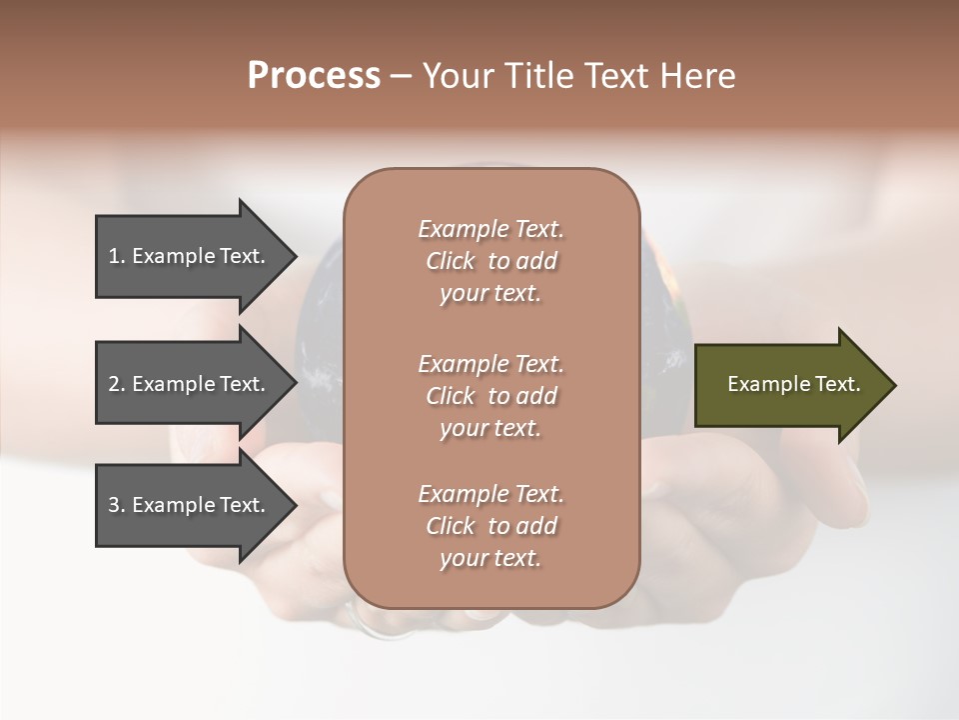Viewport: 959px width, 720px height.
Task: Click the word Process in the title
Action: coord(314,76)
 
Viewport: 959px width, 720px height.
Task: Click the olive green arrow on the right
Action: coord(789,385)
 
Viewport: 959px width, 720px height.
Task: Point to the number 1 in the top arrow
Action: coord(115,256)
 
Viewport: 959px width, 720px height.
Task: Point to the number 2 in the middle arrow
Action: coord(115,384)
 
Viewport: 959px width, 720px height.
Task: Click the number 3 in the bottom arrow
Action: coord(115,505)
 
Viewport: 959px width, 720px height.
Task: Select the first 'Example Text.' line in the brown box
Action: coord(490,229)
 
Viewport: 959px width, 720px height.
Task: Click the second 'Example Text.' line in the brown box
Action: coord(490,364)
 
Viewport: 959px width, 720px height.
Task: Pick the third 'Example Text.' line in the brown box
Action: coord(490,494)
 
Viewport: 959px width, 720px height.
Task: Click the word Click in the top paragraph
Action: coord(451,261)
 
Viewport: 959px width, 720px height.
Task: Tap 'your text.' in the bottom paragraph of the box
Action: coord(490,558)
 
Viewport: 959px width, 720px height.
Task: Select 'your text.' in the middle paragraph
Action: coord(490,428)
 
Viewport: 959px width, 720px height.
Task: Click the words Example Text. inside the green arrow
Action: coord(793,384)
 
